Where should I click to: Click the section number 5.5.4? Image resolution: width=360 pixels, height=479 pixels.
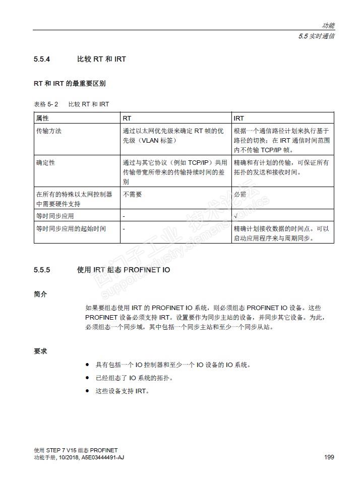42,59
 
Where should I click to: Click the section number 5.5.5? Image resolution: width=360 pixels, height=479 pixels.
42,270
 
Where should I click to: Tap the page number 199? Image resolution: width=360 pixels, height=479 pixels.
329,457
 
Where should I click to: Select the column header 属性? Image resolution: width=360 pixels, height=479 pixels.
42,118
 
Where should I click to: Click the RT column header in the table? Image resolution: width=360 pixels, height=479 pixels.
127,118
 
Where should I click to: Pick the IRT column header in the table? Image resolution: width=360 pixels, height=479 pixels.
239,118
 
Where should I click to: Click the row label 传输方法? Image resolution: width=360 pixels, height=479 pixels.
49,131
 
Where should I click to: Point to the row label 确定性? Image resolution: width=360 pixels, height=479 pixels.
45,163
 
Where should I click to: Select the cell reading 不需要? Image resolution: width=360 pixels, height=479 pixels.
132,194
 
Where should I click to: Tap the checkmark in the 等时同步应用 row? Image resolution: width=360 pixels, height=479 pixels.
236,216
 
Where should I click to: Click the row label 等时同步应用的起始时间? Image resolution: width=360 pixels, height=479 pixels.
71,228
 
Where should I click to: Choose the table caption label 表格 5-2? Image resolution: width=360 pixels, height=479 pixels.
46,104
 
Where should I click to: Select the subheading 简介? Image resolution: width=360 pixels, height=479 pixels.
40,293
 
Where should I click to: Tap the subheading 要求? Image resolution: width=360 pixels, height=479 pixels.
40,351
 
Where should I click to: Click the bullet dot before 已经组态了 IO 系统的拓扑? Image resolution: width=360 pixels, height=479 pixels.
87,378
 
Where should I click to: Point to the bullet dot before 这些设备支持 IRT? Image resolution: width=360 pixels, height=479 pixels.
87,391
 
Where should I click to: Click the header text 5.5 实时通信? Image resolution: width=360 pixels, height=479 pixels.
316,36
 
